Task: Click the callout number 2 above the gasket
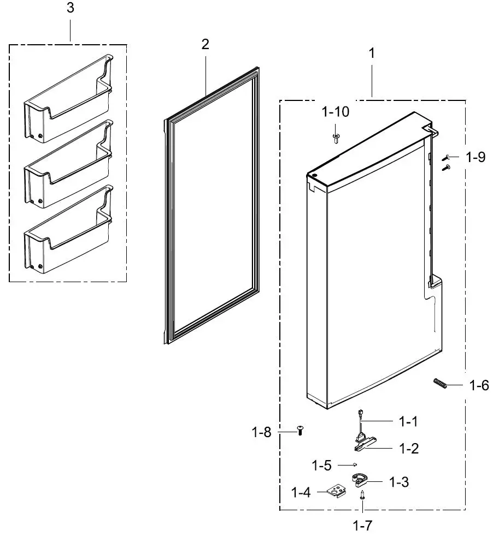click(x=205, y=44)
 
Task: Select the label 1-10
click(x=335, y=112)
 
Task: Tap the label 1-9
click(x=475, y=158)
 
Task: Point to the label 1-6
click(x=479, y=386)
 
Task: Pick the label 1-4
click(x=301, y=493)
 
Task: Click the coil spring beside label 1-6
click(x=441, y=384)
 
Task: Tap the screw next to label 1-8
click(x=300, y=431)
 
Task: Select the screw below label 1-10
click(x=336, y=137)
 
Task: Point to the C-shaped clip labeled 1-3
click(x=359, y=480)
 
